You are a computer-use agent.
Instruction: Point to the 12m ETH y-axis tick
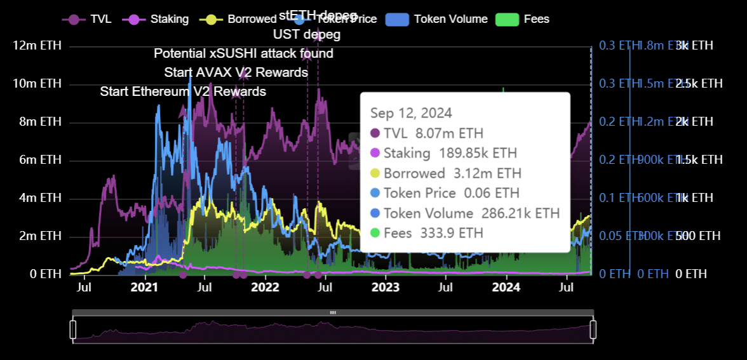37,46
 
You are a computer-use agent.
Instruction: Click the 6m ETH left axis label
39,159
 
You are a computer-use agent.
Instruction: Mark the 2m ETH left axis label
39,236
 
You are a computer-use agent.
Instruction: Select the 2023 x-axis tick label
386,287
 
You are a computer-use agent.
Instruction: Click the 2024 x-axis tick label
506,287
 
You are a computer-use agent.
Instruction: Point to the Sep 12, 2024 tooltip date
411,113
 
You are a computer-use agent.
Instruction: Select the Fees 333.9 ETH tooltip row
426,233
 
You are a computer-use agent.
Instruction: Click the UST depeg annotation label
307,34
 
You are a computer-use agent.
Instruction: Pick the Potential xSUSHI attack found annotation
243,53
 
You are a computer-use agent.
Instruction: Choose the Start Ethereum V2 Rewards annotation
183,91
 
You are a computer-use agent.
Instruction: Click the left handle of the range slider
72,330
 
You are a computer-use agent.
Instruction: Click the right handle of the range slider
593,330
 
